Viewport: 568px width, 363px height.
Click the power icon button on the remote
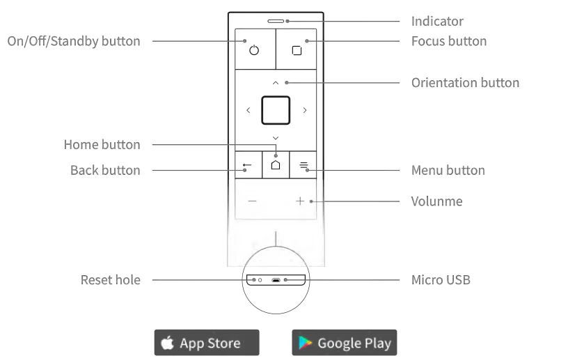(x=254, y=50)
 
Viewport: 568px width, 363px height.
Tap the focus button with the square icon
(x=297, y=50)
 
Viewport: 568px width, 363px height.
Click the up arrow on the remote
(x=276, y=82)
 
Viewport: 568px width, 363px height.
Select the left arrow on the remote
(x=248, y=110)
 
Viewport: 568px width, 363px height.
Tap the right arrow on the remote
(x=304, y=110)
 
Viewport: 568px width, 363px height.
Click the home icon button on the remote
(x=276, y=165)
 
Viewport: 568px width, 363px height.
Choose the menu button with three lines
(x=303, y=166)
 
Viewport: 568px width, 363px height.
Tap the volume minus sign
(x=252, y=201)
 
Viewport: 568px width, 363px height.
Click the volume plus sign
(x=300, y=201)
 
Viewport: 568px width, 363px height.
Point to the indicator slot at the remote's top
(x=276, y=20)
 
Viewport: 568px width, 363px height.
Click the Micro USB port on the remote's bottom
(x=276, y=281)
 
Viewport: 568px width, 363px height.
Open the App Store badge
(x=207, y=343)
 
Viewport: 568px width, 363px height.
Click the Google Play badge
(x=344, y=343)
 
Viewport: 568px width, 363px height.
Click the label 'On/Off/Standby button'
(x=74, y=41)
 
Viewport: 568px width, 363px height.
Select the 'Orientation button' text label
(x=465, y=83)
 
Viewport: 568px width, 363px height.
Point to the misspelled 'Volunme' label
(x=436, y=201)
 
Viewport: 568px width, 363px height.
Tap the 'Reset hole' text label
(x=111, y=280)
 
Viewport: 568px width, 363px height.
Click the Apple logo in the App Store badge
(x=167, y=342)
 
